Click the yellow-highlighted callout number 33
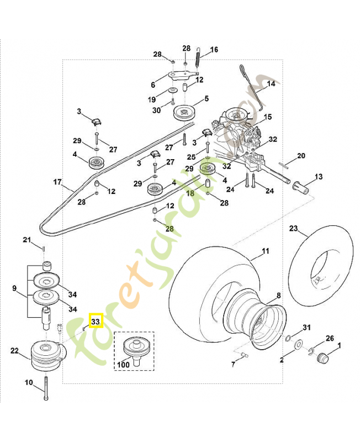pyautogui.click(x=96, y=320)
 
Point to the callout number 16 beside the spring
pyautogui.click(x=214, y=50)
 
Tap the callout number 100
pyautogui.click(x=123, y=366)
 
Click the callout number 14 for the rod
pyautogui.click(x=271, y=85)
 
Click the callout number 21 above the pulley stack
pyautogui.click(x=27, y=239)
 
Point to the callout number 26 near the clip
pyautogui.click(x=330, y=338)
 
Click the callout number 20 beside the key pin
pyautogui.click(x=301, y=156)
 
